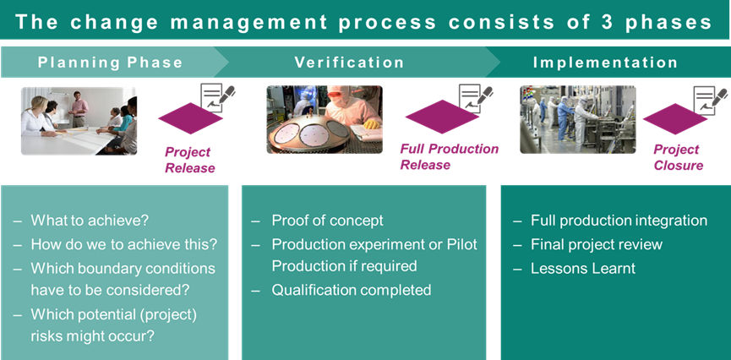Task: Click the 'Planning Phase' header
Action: [110, 63]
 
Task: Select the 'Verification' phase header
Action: [349, 63]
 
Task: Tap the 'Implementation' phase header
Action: [605, 63]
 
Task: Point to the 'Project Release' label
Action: [188, 160]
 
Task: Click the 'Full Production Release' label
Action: [449, 156]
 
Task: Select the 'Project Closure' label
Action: [678, 157]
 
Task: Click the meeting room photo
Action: [79, 120]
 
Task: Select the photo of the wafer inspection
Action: [325, 119]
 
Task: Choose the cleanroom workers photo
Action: [577, 119]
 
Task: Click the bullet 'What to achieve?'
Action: [90, 221]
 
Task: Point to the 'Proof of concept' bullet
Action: [327, 221]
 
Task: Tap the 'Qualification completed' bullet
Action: [351, 290]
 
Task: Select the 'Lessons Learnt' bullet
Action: [582, 269]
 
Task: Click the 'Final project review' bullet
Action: [597, 244]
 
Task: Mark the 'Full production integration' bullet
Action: [619, 221]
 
